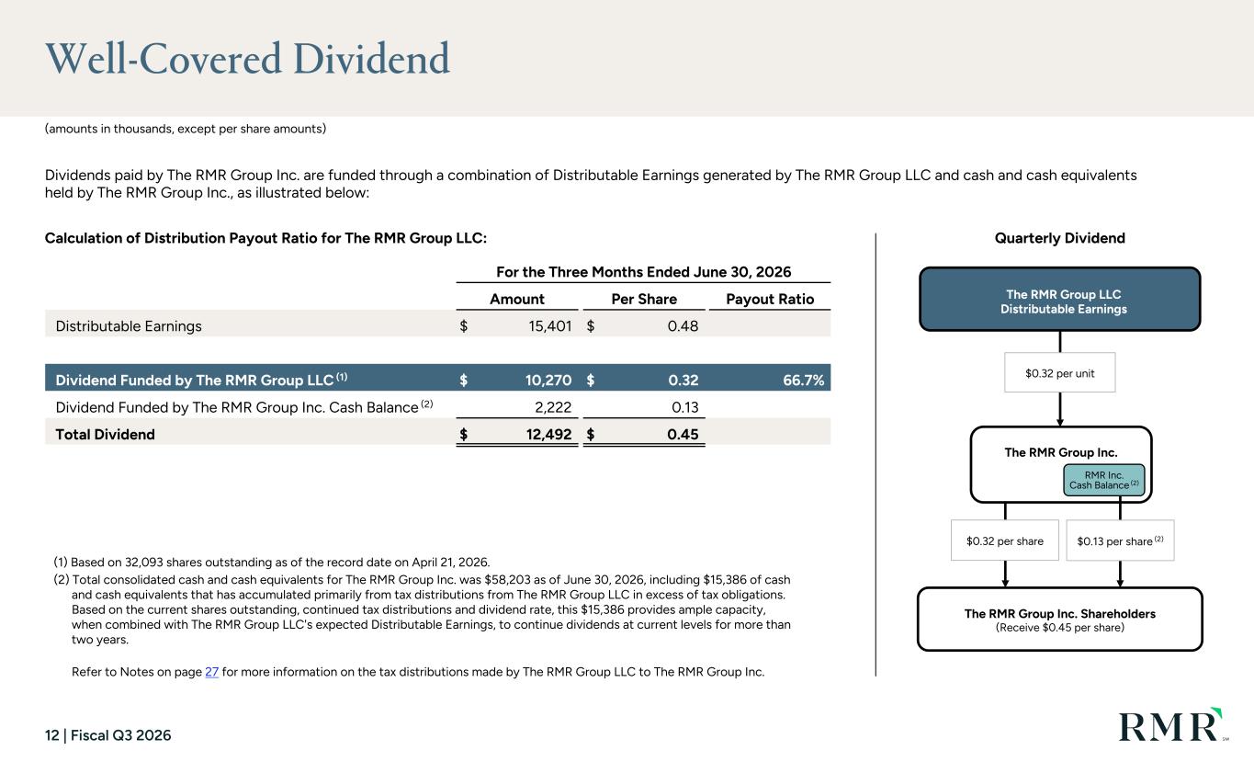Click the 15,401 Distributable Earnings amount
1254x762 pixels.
[549, 326]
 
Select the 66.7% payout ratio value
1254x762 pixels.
[803, 381]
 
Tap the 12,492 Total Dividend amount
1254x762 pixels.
[548, 434]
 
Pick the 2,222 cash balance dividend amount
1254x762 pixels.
[553, 407]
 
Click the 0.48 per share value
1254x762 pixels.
[683, 326]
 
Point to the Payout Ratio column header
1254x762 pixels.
[770, 300]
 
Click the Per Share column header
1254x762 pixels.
[644, 300]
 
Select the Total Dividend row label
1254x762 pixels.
[106, 434]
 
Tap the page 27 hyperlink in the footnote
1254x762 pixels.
[211, 672]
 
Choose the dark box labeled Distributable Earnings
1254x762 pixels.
[1060, 300]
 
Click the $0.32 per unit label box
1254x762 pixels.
[1060, 372]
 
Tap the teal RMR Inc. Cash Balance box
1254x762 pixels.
[1104, 480]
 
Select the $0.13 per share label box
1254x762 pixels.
[1120, 540]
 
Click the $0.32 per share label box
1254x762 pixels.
[1005, 540]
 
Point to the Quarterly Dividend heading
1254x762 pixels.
[1060, 238]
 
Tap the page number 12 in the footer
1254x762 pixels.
[52, 735]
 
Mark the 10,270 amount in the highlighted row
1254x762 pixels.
[548, 381]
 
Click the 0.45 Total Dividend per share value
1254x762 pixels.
[683, 434]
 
